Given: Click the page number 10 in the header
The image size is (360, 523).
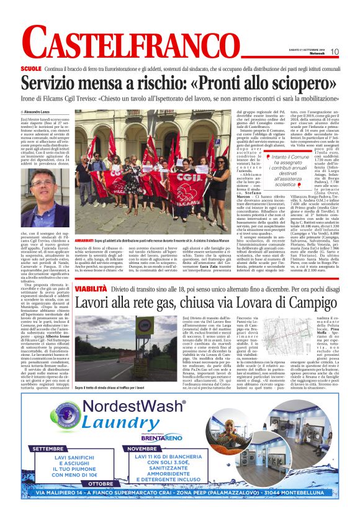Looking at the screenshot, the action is coord(334,52).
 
